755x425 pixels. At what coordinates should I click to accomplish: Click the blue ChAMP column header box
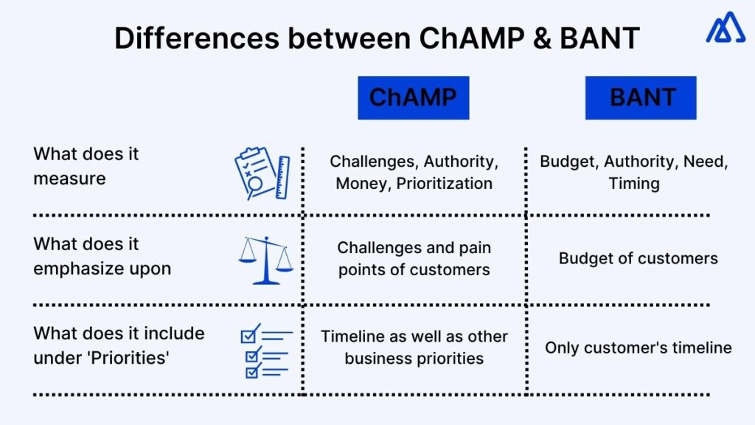[413, 97]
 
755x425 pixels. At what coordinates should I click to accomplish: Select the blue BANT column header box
[641, 97]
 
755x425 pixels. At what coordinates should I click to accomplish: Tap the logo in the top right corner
[726, 27]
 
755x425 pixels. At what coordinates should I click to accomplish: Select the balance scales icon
[265, 260]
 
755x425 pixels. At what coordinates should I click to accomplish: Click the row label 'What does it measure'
[86, 166]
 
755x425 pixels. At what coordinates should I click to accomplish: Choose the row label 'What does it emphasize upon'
[102, 256]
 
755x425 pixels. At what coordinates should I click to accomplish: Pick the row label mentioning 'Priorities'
[119, 345]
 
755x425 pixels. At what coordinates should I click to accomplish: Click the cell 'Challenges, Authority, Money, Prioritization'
[414, 172]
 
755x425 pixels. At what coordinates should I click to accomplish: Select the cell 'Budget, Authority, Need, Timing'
[634, 172]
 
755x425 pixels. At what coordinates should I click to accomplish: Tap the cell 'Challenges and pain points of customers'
[414, 259]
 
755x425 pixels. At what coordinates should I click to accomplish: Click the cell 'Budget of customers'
[638, 258]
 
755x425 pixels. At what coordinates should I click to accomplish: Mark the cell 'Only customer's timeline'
[638, 348]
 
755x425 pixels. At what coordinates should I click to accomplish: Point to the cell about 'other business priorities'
[414, 348]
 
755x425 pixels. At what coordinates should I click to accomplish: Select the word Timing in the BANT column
[634, 183]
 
